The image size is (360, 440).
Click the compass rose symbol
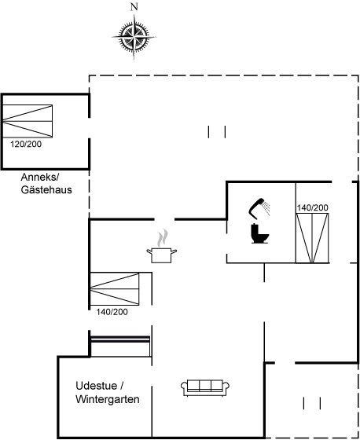tap(134, 37)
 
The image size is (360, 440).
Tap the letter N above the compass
tap(134, 7)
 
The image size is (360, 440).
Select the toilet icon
tap(259, 233)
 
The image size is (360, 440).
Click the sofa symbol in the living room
tap(205, 388)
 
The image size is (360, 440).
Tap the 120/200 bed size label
tap(26, 145)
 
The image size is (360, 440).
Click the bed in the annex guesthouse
tap(28, 121)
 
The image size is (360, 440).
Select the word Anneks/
tap(40, 178)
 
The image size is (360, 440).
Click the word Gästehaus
tap(46, 190)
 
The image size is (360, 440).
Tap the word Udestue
tap(97, 386)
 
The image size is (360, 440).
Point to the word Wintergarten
tap(107, 399)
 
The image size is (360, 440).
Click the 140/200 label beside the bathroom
tap(313, 208)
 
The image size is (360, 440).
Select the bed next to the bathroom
tap(312, 238)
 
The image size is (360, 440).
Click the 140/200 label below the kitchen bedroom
tap(112, 312)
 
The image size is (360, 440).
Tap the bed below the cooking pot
tap(115, 288)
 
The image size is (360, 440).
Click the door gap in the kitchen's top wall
tap(164, 219)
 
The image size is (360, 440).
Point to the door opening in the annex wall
tap(90, 127)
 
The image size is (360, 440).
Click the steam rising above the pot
tap(163, 238)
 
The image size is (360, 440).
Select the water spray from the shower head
tap(266, 208)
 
